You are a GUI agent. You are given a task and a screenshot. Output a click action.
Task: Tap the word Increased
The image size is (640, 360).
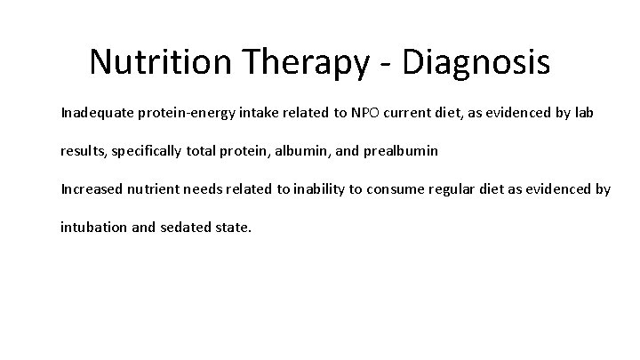point(90,188)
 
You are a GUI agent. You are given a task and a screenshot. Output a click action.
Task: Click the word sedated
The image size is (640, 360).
point(185,227)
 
